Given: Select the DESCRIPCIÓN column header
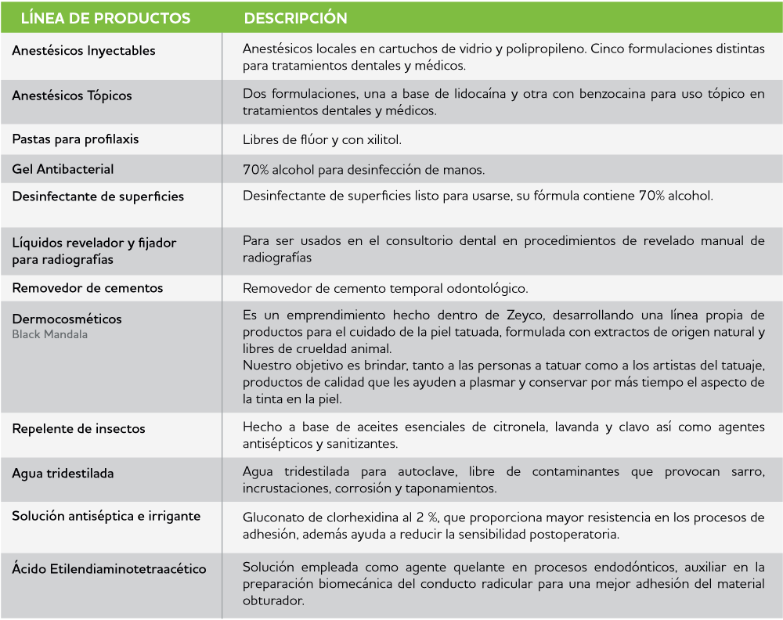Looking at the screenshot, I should [x=295, y=18].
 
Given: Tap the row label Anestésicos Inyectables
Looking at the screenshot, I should [x=84, y=51].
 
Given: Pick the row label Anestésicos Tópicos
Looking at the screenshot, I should [x=72, y=96].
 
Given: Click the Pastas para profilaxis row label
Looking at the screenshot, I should [x=75, y=139].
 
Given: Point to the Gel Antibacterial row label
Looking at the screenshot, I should [x=63, y=169].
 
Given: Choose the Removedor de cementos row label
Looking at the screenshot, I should [x=88, y=288].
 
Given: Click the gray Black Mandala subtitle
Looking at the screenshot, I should [x=49, y=334].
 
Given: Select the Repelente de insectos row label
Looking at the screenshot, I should [x=78, y=429].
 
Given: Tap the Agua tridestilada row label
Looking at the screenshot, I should [x=63, y=474].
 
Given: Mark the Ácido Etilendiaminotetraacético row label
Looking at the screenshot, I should [x=109, y=569].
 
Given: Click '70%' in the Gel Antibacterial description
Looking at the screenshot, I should [x=256, y=170].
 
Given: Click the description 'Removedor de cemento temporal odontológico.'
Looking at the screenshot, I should [x=385, y=289].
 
